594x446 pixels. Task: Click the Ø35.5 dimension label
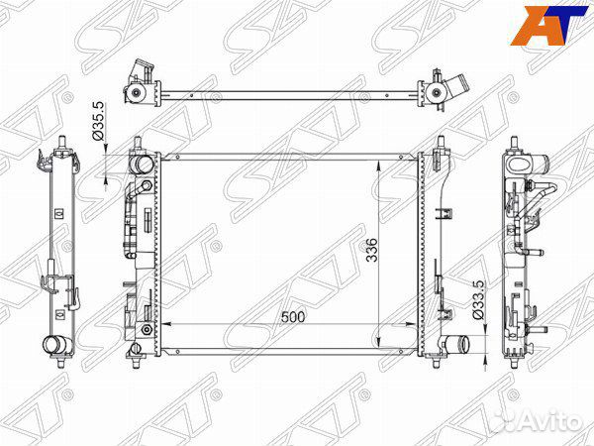point(98,121)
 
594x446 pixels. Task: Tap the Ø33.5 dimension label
point(479,299)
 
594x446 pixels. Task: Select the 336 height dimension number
point(372,250)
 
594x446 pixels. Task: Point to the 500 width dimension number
point(292,317)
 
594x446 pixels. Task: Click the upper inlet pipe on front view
point(141,165)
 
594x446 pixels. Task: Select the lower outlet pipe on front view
point(456,345)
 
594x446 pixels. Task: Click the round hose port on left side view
point(55,345)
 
